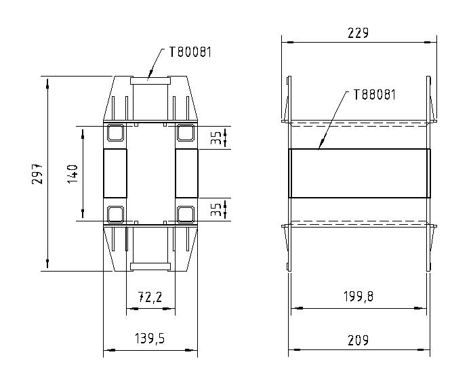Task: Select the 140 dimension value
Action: [x=73, y=173]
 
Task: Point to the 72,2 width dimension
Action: [x=150, y=297]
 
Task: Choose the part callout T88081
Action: [x=374, y=95]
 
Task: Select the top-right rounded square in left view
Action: [x=186, y=132]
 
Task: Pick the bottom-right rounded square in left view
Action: [x=186, y=215]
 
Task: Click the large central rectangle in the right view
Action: [x=359, y=173]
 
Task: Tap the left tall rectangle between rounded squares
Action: [x=115, y=173]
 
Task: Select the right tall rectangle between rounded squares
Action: [x=186, y=173]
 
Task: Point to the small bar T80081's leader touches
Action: [x=150, y=79]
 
